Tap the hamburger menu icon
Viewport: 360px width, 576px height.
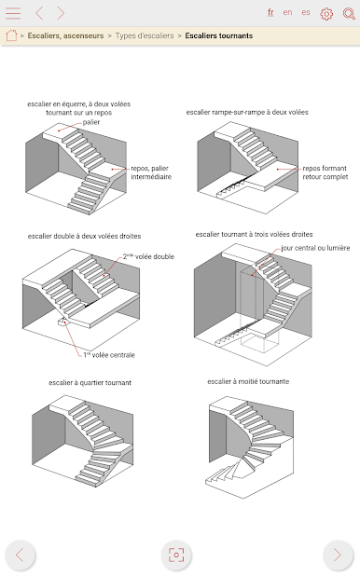(x=13, y=13)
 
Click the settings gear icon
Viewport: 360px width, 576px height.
(x=326, y=14)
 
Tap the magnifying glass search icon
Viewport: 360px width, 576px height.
(x=349, y=14)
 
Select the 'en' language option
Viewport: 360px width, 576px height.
(x=287, y=12)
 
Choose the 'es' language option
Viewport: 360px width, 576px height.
(x=306, y=12)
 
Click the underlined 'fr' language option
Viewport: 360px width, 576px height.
(x=270, y=12)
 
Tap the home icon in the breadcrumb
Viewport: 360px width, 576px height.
(x=11, y=35)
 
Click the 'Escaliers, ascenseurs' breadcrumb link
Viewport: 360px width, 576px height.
(x=65, y=35)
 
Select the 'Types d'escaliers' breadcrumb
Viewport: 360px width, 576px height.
(x=145, y=35)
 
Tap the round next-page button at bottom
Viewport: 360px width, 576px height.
(x=338, y=555)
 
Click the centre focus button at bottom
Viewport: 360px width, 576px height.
(x=176, y=555)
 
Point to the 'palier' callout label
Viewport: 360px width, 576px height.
(x=91, y=122)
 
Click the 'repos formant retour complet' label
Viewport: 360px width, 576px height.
(x=325, y=172)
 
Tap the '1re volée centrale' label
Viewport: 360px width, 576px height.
(x=109, y=355)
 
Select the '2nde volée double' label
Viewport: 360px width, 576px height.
(x=148, y=256)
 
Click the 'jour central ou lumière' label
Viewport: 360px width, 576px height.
(x=315, y=248)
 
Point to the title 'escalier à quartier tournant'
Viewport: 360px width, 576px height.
(x=90, y=382)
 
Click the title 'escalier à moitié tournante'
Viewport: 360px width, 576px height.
(x=248, y=381)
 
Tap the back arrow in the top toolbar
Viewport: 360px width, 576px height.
(x=39, y=13)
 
